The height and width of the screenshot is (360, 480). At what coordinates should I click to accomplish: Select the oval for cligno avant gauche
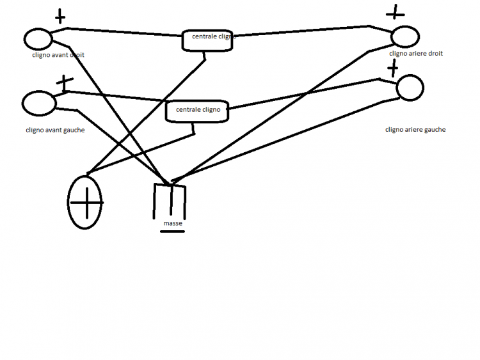pos(38,102)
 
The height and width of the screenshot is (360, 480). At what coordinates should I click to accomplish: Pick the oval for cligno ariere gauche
pos(410,88)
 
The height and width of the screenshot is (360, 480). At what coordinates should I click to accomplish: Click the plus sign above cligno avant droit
pos(60,16)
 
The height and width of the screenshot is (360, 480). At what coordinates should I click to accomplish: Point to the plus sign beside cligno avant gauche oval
pos(63,82)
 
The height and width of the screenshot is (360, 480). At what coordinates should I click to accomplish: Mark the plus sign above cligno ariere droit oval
pos(396,11)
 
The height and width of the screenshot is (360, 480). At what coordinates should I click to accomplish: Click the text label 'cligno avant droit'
pos(58,55)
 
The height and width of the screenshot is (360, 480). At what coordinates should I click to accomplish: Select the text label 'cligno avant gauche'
pos(55,130)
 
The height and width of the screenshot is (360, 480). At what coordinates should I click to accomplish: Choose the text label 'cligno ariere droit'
pos(416,54)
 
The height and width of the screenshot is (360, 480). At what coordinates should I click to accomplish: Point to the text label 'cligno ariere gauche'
pos(415,129)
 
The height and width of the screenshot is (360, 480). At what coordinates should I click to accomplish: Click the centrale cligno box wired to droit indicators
pos(209,39)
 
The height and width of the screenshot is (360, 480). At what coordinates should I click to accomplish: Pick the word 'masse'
pos(173,224)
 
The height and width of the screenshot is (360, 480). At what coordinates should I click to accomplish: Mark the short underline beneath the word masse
pos(172,231)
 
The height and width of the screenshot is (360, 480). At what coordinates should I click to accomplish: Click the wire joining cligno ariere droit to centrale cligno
pos(301,32)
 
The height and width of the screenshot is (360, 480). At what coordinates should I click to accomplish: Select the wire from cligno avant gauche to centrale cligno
pos(115,95)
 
